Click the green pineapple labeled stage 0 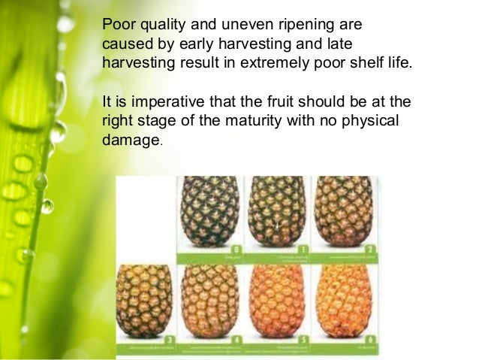point(208,210)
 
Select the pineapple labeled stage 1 point(276,210)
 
